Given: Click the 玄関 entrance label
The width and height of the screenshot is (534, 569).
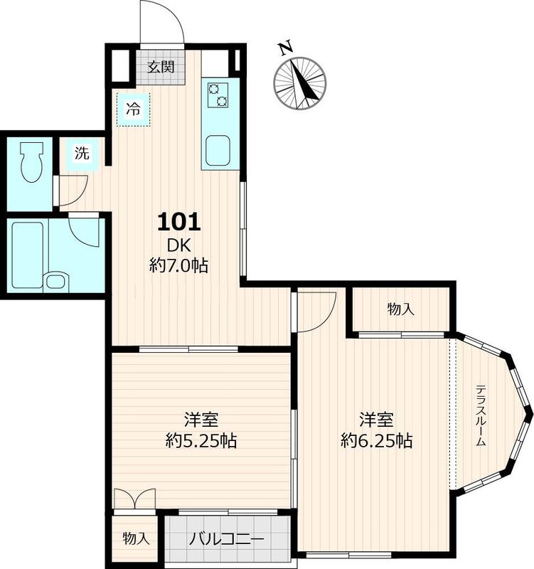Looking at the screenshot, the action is (161, 67).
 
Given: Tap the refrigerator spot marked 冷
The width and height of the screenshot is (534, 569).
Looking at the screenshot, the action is (133, 110).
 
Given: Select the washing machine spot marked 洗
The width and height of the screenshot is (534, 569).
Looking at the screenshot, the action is (82, 153).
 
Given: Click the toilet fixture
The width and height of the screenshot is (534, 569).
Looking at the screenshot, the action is (31, 161).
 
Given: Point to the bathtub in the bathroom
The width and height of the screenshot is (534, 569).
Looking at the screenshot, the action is (28, 255).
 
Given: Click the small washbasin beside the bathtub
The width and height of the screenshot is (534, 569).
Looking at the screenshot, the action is (56, 281).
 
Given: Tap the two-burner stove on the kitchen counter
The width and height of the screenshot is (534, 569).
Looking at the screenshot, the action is (218, 95).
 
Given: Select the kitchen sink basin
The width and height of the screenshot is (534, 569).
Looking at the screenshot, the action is (218, 151).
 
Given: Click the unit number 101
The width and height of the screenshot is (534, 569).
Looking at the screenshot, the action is (179, 222).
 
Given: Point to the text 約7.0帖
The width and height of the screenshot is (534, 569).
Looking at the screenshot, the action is (179, 265).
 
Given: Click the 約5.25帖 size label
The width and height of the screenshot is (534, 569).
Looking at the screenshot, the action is (201, 441).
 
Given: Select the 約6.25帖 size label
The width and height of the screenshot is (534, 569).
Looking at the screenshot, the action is (377, 441).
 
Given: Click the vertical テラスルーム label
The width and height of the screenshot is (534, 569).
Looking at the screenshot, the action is (480, 415).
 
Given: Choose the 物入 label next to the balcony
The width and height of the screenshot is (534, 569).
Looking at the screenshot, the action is (136, 538).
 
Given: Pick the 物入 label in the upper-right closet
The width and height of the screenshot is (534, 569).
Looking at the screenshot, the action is (401, 309).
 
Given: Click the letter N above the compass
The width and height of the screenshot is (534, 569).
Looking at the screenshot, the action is (286, 48).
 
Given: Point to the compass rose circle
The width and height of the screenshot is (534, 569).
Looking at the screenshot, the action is (299, 83).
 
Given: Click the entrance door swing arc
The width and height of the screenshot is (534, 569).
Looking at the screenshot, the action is (177, 19).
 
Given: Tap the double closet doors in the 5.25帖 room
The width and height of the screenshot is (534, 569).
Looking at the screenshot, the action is (134, 499).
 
